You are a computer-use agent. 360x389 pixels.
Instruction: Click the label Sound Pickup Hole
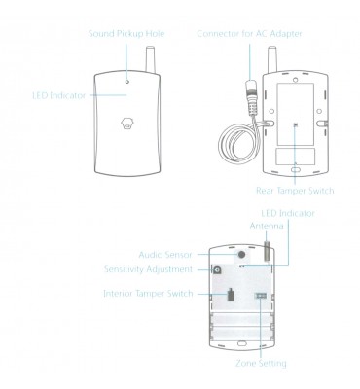click(x=126, y=34)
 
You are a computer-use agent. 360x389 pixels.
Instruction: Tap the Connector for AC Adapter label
click(x=249, y=34)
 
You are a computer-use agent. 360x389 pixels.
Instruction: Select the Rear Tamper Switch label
click(x=295, y=191)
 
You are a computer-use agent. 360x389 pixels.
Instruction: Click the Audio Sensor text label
click(x=165, y=255)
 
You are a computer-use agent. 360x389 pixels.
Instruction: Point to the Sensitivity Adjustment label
click(x=148, y=269)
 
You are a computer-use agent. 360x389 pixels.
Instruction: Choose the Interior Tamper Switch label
click(x=148, y=294)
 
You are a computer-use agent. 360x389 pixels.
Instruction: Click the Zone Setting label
click(x=261, y=363)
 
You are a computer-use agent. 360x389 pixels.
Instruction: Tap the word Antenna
click(x=267, y=226)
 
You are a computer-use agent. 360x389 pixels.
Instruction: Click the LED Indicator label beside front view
click(x=59, y=95)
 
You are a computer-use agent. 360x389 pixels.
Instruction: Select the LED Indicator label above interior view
click(x=288, y=213)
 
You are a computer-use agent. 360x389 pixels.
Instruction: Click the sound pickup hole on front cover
click(x=127, y=82)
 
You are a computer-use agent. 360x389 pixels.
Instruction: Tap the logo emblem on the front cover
click(x=127, y=123)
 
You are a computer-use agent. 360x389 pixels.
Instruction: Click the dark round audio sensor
click(x=241, y=254)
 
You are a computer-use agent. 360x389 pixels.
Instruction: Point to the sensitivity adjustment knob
click(x=216, y=269)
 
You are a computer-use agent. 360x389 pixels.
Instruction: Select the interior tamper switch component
click(x=231, y=295)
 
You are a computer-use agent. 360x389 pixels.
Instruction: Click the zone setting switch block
click(x=261, y=296)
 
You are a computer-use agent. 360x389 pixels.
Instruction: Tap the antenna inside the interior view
click(x=268, y=250)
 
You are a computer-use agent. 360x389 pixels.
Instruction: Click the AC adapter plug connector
click(x=251, y=96)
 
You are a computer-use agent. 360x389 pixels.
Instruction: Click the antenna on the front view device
click(x=151, y=59)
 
